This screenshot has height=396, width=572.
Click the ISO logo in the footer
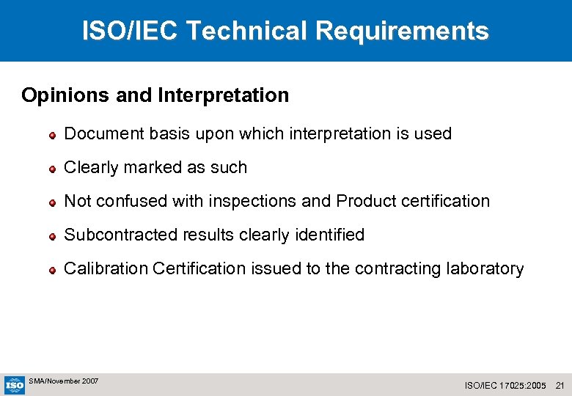tap(15, 385)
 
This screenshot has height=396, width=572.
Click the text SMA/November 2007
tap(64, 381)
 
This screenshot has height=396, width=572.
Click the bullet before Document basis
tap(53, 135)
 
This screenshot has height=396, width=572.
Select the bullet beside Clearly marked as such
tap(53, 169)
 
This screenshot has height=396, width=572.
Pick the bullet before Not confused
tap(53, 202)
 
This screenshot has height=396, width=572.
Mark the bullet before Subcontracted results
tap(53, 236)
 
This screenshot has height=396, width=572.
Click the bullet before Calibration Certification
tap(53, 270)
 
